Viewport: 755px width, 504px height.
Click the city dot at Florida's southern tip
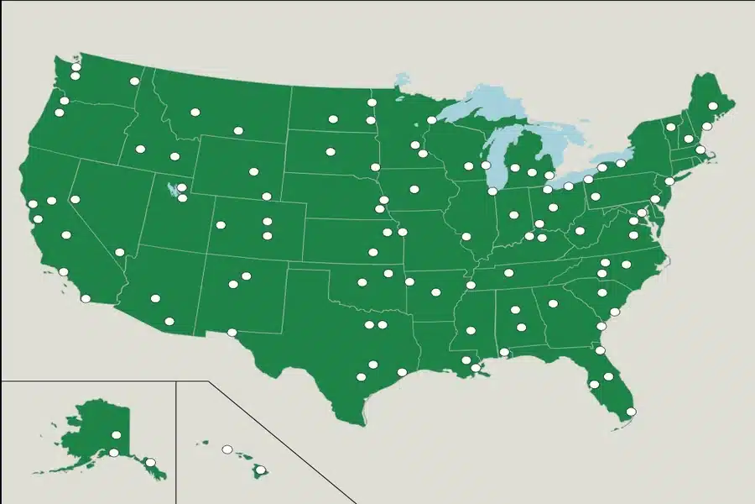(631, 412)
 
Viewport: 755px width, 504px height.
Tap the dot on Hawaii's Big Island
(261, 470)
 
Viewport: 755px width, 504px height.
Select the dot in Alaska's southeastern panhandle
(150, 462)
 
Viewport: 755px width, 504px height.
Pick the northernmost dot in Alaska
(116, 435)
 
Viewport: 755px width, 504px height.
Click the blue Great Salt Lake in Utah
(174, 191)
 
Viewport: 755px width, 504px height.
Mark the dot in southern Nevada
(120, 252)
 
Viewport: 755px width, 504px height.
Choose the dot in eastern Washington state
(134, 81)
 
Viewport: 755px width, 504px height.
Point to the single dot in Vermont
(671, 127)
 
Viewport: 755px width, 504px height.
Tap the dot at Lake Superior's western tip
(431, 120)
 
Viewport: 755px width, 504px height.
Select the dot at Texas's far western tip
(232, 333)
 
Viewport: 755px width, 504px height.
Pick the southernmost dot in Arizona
(169, 321)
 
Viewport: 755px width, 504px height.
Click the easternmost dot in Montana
(238, 131)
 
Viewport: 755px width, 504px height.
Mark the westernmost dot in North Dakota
(333, 119)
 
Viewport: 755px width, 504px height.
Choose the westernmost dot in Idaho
(140, 149)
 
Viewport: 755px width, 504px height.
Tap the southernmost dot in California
(85, 298)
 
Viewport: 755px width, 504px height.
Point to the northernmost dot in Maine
(712, 107)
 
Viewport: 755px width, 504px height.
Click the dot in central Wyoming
(253, 171)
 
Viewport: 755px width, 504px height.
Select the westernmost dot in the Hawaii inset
(226, 449)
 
